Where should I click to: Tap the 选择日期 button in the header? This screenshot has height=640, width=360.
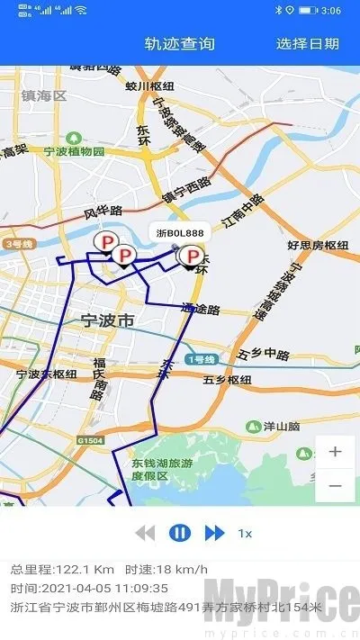(x=308, y=43)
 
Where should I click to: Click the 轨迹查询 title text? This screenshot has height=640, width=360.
(x=180, y=43)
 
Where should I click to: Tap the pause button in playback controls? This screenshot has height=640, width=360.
(x=180, y=533)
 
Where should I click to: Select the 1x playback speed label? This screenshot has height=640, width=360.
(x=245, y=534)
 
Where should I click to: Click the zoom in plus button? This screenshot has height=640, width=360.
(x=335, y=452)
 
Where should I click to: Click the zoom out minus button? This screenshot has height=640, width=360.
(x=335, y=485)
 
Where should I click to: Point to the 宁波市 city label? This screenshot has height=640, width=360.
(x=107, y=320)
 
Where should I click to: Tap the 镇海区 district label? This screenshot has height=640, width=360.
(x=45, y=95)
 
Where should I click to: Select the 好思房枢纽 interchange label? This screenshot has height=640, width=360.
(x=318, y=245)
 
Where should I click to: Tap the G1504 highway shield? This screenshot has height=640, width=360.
(x=90, y=440)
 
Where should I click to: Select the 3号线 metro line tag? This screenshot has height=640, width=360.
(x=17, y=244)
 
